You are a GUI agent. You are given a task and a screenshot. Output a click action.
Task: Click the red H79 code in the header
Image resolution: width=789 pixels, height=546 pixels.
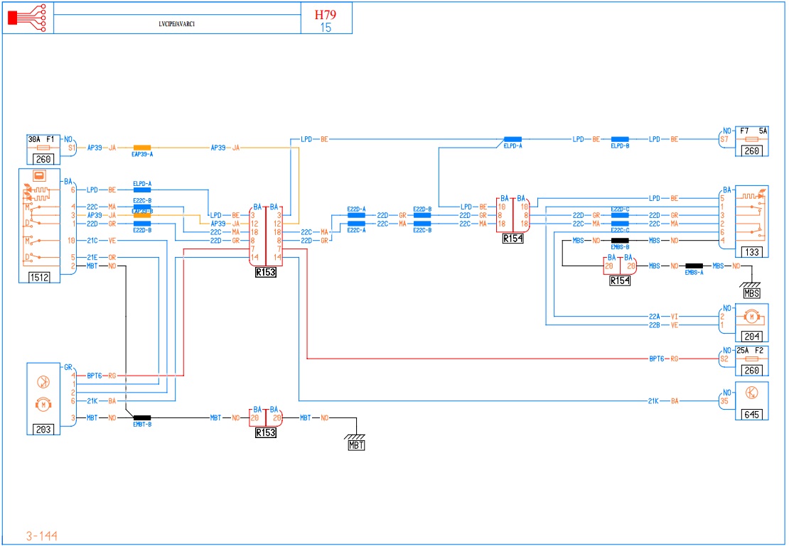(326, 14)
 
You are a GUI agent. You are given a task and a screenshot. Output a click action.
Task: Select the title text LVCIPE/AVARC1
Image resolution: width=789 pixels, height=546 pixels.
(177, 23)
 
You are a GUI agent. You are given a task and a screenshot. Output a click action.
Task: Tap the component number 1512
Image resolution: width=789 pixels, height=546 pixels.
(39, 277)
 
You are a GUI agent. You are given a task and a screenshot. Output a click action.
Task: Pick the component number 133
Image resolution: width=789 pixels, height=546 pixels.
(751, 251)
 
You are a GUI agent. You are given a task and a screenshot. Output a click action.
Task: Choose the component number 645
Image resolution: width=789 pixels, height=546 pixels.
(751, 414)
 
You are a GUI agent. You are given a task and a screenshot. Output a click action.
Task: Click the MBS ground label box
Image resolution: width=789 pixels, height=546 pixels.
(751, 293)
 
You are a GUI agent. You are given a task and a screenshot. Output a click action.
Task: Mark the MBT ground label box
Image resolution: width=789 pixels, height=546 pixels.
(356, 445)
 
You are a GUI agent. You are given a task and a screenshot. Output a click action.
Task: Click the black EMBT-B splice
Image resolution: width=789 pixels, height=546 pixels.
(142, 418)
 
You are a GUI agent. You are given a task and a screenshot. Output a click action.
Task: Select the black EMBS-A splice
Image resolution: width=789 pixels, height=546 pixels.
(694, 266)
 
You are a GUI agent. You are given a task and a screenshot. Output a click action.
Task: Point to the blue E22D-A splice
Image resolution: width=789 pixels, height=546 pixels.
(356, 215)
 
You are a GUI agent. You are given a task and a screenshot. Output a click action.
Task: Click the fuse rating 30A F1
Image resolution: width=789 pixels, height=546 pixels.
(41, 139)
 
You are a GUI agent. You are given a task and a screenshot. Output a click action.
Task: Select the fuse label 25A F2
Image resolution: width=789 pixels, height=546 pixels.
(751, 351)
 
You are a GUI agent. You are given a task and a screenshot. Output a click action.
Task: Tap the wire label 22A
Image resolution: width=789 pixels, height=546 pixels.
(655, 317)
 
